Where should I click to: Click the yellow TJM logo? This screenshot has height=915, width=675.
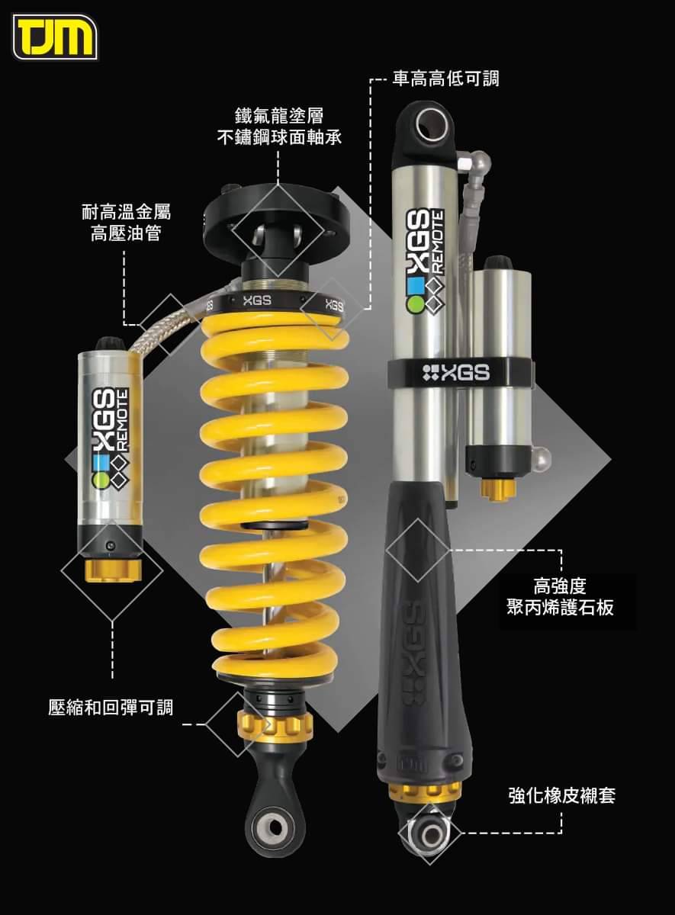click(55, 37)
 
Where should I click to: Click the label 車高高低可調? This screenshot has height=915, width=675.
click(445, 78)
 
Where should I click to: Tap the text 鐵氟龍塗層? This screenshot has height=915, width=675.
click(279, 116)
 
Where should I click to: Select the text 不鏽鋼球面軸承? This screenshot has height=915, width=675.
click(279, 137)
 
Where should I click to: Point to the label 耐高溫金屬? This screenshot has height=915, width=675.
click(126, 212)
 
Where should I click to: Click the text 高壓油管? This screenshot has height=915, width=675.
click(126, 233)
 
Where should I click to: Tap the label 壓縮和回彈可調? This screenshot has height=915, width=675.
click(111, 707)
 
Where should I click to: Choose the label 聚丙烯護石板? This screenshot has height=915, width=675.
click(560, 608)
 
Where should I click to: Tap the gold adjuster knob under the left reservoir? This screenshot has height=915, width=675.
click(113, 570)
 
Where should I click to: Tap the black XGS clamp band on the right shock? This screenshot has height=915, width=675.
click(460, 373)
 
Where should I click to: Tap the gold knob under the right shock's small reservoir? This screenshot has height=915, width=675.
click(497, 489)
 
